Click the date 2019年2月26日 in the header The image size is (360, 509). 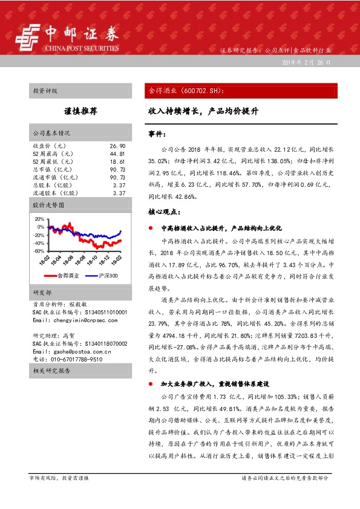pyautogui.click(x=307, y=63)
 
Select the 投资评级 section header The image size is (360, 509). pyautogui.click(x=45, y=91)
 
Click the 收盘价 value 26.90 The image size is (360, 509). pyautogui.click(x=117, y=146)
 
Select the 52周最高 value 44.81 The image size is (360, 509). pyautogui.click(x=117, y=154)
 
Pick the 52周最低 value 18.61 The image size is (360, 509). pyautogui.click(x=117, y=162)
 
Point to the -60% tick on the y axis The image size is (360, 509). pyautogui.click(x=39, y=251)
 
